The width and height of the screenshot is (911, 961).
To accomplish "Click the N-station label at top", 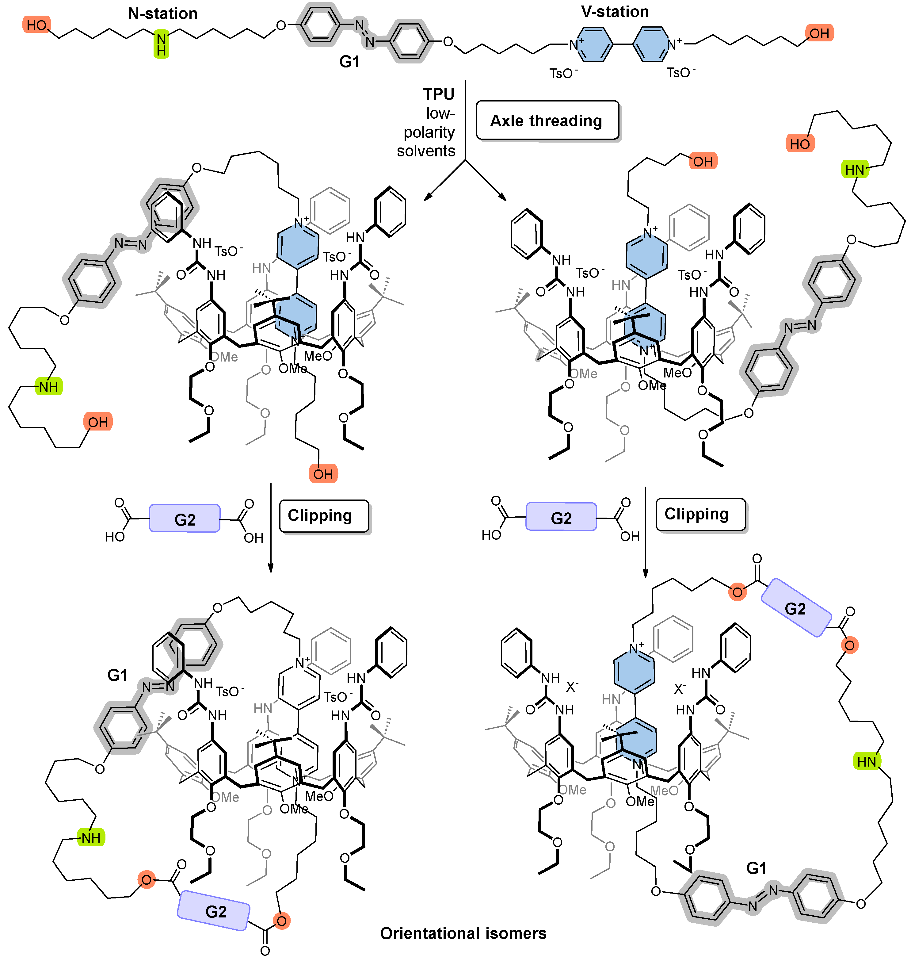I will click(x=163, y=13).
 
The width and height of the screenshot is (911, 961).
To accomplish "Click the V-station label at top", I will click(x=615, y=12).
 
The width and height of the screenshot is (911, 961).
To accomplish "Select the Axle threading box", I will click(x=547, y=121).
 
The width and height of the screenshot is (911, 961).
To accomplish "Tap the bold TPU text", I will click(x=439, y=94).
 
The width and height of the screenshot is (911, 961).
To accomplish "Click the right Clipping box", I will click(x=700, y=514).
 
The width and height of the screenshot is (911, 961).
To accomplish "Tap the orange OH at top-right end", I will click(x=819, y=33).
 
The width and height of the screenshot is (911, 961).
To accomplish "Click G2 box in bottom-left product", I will click(x=215, y=911).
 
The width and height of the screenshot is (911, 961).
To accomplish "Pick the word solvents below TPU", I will click(x=426, y=151).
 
